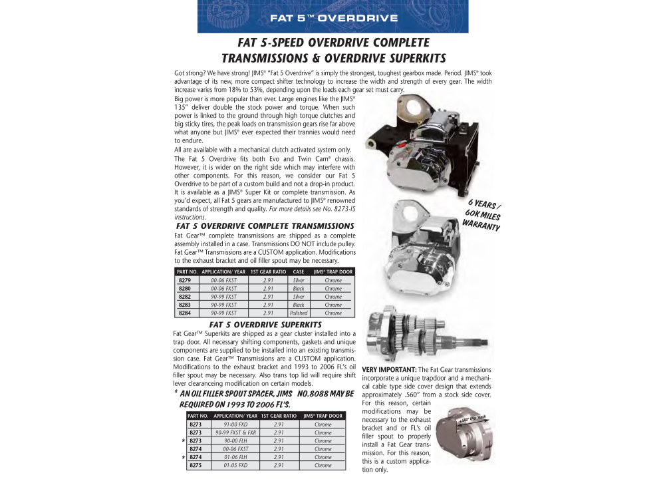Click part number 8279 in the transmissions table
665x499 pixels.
[186, 280]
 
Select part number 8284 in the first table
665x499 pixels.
[186, 313]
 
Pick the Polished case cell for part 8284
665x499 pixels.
[299, 313]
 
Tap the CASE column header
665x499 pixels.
[299, 271]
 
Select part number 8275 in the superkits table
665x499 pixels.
[196, 466]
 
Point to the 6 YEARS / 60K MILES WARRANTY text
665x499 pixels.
[483, 215]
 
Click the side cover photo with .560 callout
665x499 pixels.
[471, 439]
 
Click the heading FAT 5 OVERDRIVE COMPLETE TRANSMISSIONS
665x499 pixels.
[265, 226]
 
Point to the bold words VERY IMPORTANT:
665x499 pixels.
[390, 369]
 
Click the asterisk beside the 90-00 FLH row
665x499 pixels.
[182, 441]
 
